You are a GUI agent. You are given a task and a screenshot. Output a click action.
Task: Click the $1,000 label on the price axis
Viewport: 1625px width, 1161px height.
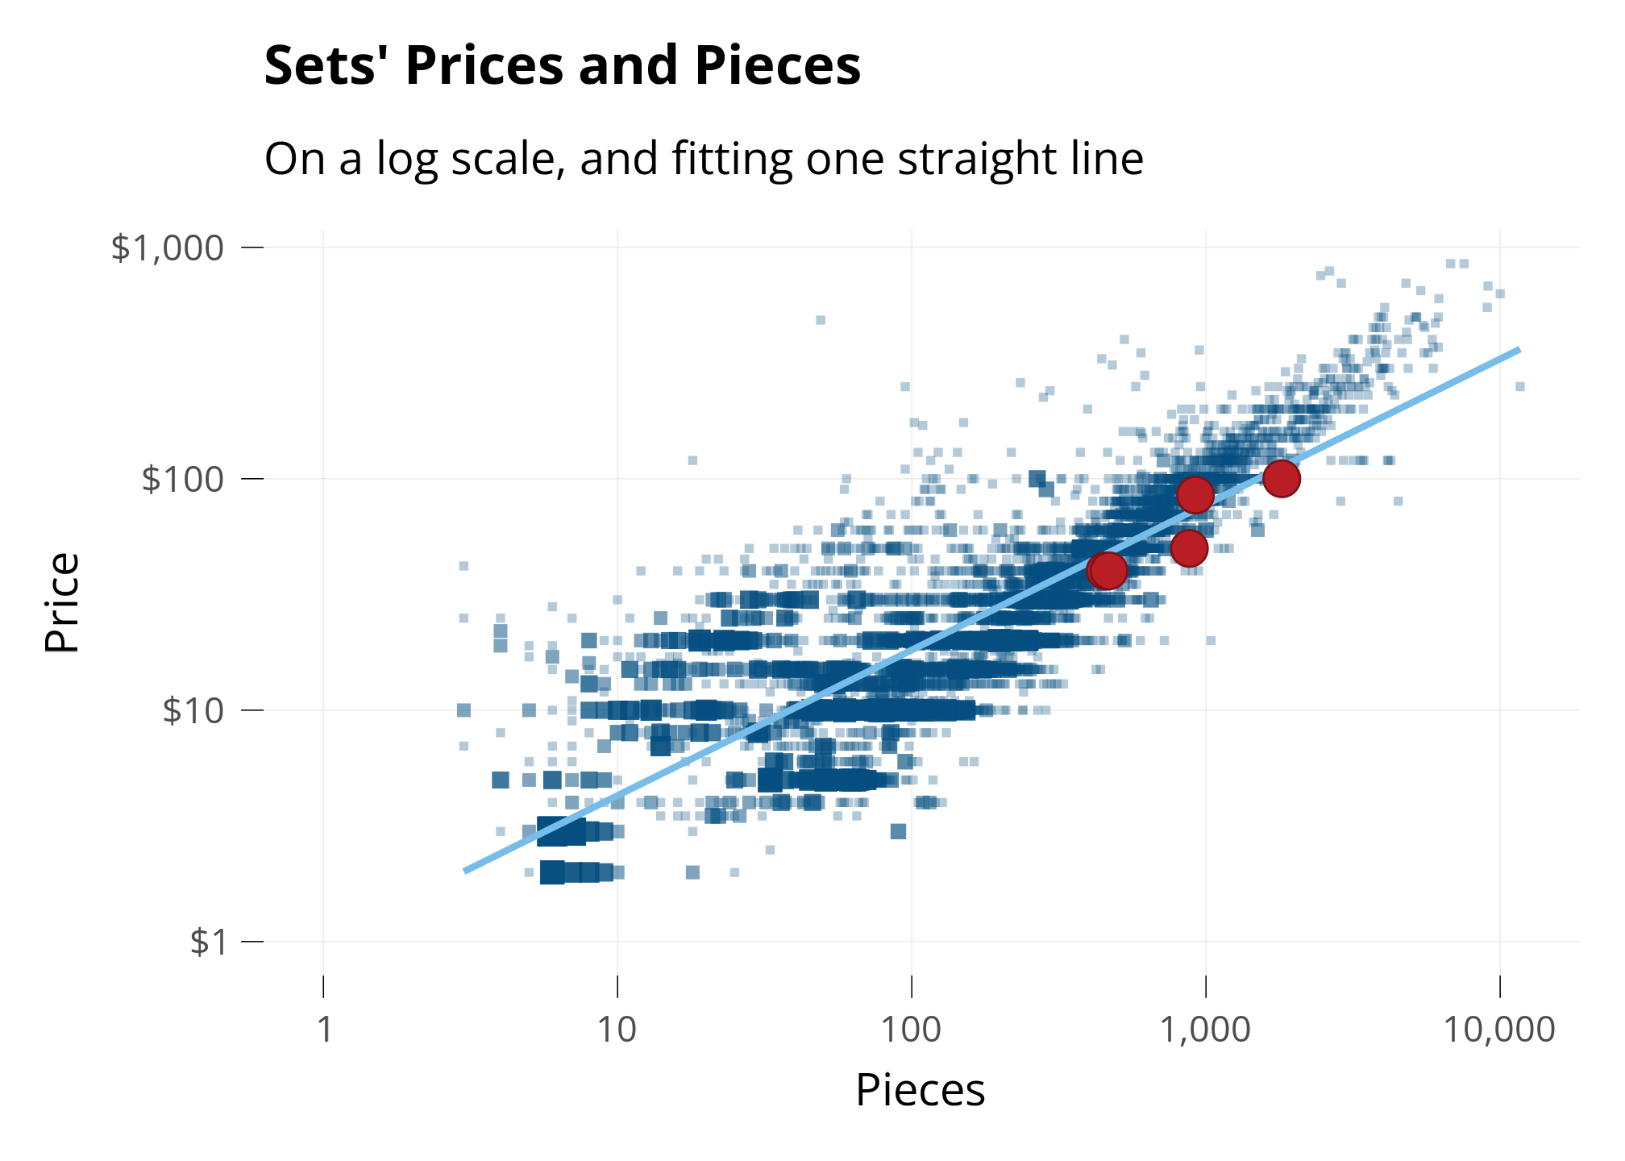167,248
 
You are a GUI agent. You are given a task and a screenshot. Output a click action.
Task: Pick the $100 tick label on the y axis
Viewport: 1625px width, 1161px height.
182,479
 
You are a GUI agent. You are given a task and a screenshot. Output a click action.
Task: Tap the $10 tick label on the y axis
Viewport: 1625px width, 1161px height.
193,710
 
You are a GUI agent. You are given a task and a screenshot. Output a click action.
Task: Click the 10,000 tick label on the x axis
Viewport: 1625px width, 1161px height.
1498,1030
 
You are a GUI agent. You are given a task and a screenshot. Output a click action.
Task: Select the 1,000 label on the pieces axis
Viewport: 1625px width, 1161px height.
1205,1030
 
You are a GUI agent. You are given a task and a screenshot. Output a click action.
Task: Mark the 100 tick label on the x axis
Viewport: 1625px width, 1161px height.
911,1030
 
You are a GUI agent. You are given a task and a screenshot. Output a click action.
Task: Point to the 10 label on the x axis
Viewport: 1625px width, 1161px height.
617,1030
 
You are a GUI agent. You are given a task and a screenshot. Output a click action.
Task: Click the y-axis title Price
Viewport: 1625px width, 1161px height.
62,602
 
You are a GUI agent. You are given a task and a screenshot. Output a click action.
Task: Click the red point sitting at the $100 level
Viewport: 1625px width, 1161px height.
1281,479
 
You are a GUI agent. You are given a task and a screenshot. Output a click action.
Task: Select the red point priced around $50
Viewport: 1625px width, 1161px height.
1189,548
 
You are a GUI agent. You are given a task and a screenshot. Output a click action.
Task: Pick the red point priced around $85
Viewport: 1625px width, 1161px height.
1195,495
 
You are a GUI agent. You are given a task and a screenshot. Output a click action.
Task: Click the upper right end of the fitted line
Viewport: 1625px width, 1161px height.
1519,350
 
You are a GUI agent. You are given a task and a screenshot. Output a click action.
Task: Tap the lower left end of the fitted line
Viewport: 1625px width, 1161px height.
465,871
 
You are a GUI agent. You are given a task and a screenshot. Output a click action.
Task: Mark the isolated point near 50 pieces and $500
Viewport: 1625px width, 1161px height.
821,320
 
